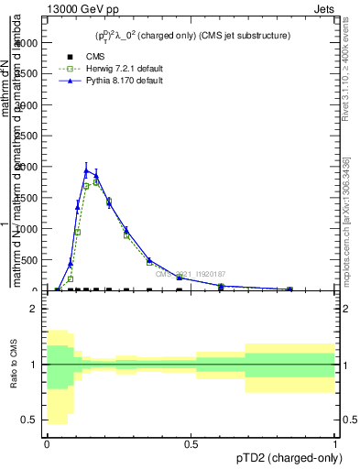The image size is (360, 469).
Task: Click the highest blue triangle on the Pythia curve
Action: [86, 170]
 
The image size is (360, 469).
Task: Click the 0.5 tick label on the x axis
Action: [191, 445]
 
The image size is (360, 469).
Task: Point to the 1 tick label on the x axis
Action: [335, 445]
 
